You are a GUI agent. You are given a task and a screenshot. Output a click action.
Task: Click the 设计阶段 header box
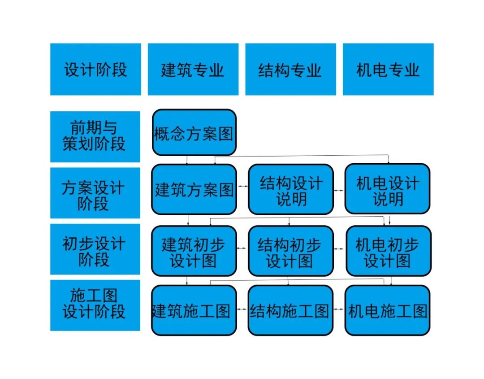point(96,69)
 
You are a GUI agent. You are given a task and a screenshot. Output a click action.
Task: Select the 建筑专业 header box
point(193,69)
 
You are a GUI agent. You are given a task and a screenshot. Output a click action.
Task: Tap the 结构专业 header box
point(291,69)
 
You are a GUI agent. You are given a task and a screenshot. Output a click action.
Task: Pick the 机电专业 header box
point(388,69)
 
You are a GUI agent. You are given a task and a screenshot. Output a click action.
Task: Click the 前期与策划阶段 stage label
point(95,136)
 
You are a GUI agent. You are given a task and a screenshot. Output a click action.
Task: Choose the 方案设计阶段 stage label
point(95,193)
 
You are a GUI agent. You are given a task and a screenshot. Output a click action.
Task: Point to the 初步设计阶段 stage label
point(95,249)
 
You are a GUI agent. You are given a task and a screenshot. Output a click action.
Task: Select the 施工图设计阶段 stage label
point(95,305)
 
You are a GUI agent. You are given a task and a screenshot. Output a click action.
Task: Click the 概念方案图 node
point(194,132)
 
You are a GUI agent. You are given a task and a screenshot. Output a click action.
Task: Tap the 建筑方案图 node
point(194,189)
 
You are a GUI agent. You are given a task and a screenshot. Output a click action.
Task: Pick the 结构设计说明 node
point(291,189)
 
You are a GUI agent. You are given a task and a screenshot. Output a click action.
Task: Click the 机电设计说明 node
point(387,188)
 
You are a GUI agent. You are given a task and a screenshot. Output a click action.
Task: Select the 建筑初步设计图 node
point(194,251)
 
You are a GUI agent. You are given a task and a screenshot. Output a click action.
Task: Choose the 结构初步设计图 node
point(291,251)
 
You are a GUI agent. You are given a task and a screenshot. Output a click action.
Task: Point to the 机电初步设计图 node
point(389,251)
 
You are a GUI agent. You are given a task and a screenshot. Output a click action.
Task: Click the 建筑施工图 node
point(194,310)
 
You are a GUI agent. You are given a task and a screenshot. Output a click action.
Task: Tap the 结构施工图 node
point(290,310)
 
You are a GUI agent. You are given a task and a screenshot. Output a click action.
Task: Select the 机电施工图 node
point(387,310)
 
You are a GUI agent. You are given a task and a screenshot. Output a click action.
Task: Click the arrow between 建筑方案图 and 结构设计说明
point(242,186)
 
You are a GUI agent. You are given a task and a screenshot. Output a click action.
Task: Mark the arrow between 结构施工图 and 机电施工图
point(339,309)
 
